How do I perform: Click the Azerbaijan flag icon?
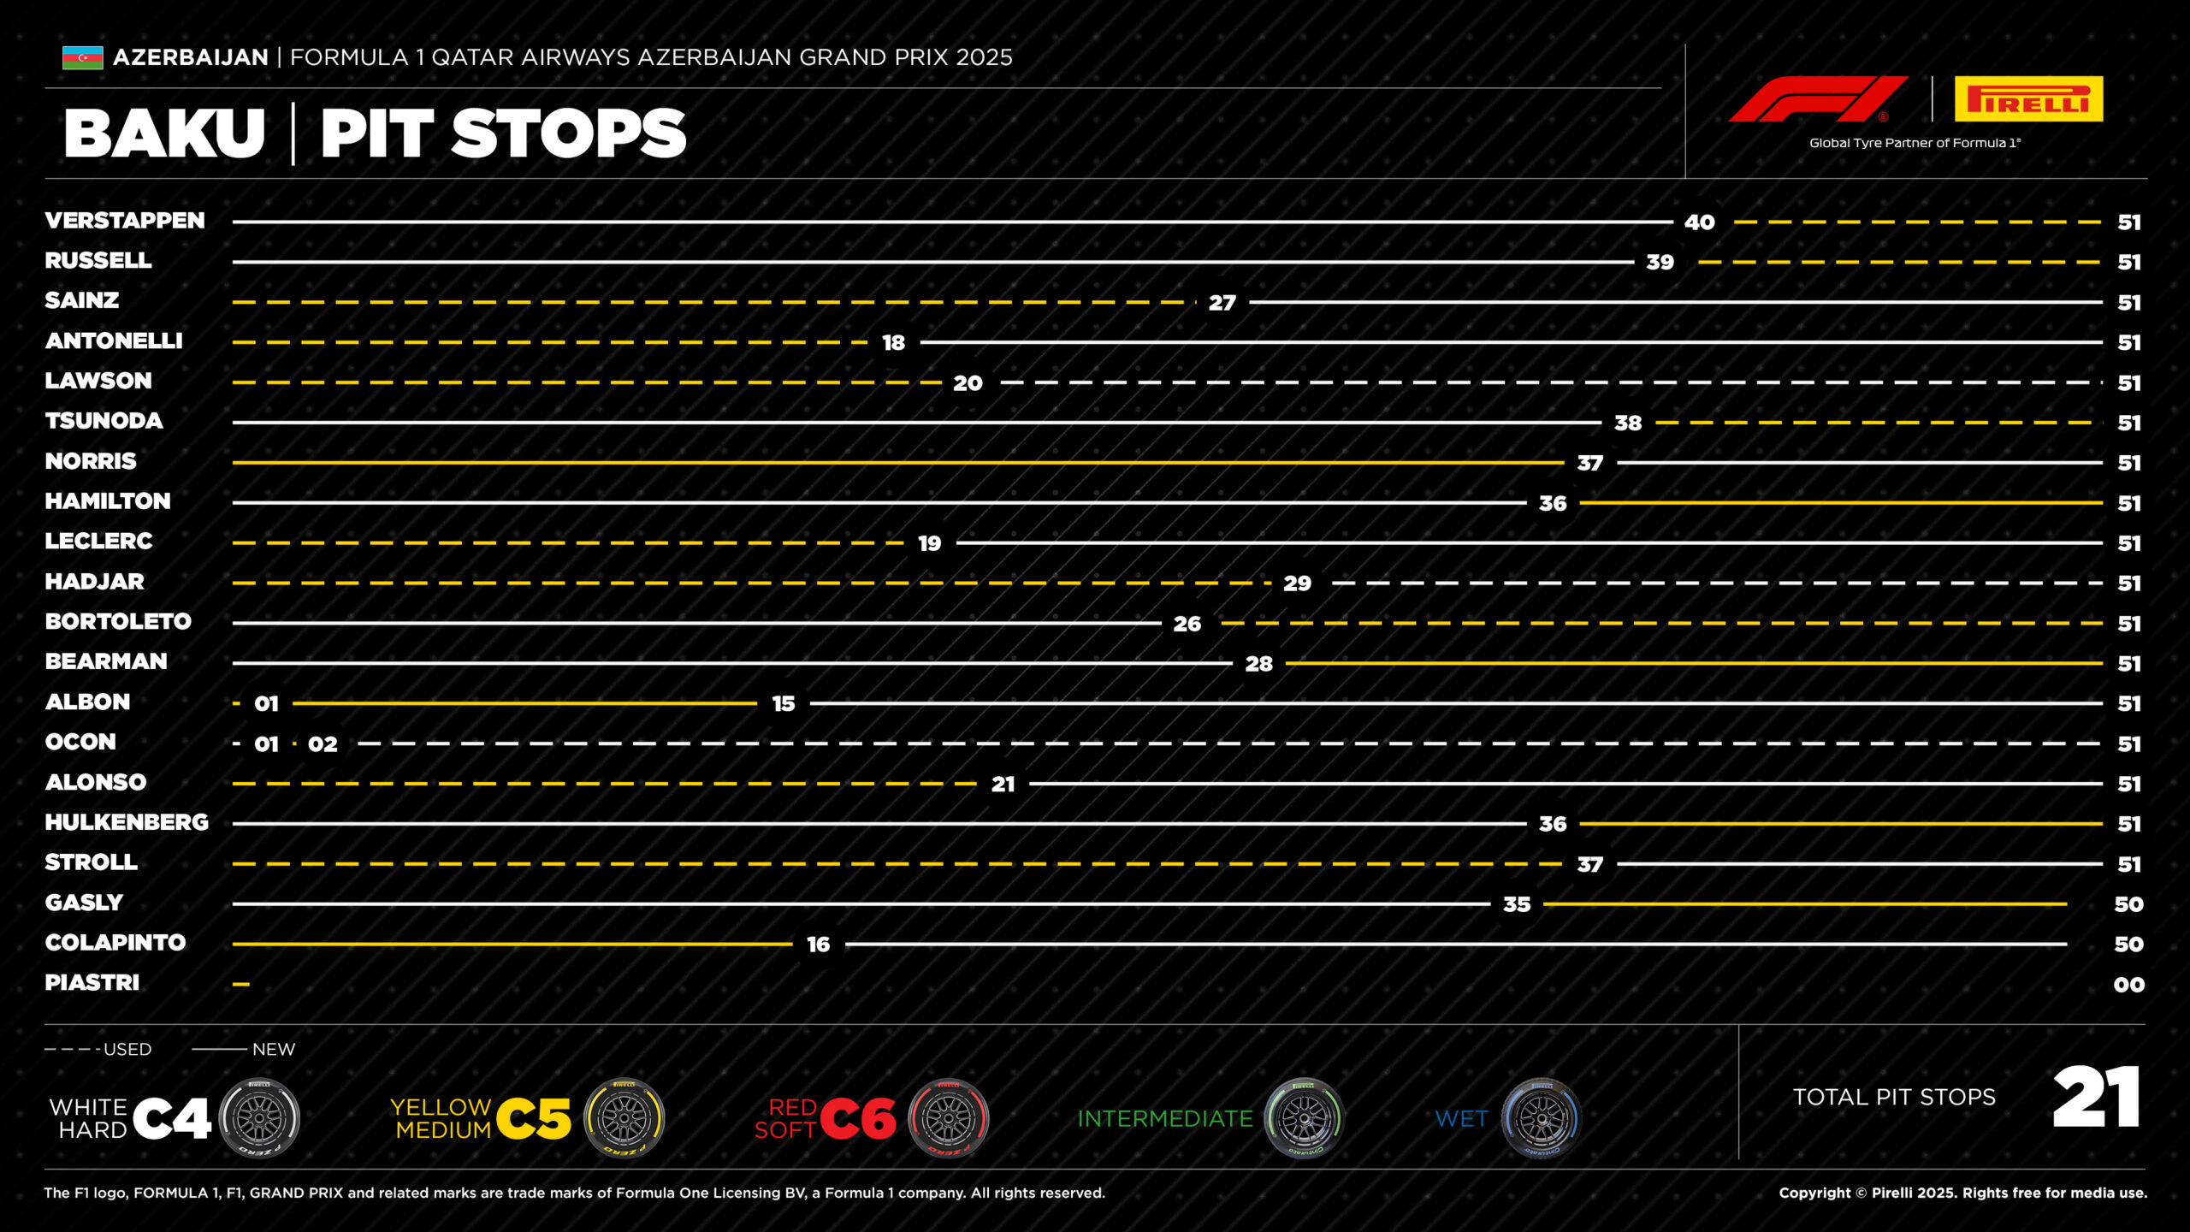(82, 57)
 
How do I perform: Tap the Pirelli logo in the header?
(2028, 99)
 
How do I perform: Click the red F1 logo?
(1818, 99)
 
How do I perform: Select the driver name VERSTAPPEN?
(125, 221)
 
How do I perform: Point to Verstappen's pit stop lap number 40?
(1700, 222)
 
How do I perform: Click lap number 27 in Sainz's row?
(1222, 303)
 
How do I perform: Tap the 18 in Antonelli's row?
(894, 343)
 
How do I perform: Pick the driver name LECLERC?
(98, 542)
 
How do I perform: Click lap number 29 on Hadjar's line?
(1297, 583)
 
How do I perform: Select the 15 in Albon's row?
(784, 704)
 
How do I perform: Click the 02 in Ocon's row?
(323, 744)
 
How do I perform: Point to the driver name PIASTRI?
(92, 983)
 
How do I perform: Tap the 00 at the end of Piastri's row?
(2129, 985)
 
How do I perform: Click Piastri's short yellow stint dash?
(241, 985)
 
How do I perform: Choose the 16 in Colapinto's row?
(819, 945)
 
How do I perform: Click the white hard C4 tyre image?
(259, 1118)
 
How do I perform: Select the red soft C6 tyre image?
(948, 1118)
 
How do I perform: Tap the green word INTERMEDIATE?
(1165, 1119)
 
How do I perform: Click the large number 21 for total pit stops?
(2096, 1097)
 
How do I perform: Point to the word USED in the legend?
(127, 1050)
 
